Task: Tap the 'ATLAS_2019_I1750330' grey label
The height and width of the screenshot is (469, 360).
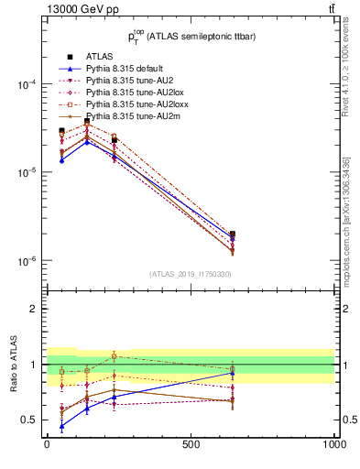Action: (190, 274)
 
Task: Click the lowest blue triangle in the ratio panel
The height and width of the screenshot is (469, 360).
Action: (61, 427)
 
